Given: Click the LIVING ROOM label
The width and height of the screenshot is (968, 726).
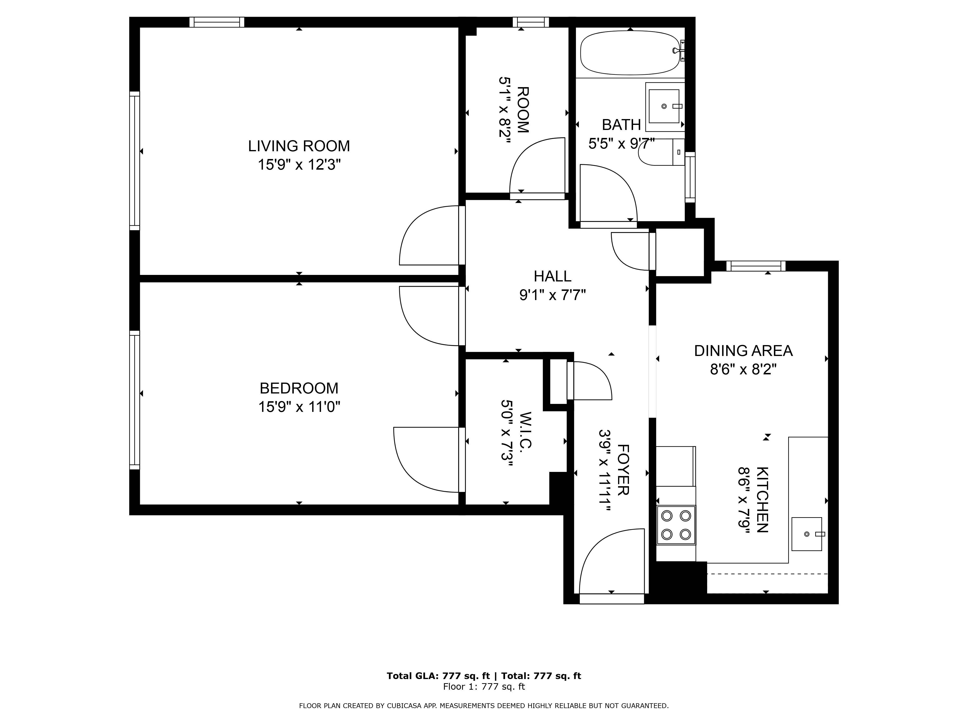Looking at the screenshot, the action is tap(299, 146).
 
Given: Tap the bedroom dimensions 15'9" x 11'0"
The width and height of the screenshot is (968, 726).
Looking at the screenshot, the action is tap(299, 407).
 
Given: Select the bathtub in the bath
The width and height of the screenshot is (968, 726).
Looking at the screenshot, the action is tap(630, 53).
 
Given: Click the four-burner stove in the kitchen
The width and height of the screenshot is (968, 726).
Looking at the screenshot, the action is tap(676, 525).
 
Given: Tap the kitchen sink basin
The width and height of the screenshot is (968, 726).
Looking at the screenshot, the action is tap(807, 534).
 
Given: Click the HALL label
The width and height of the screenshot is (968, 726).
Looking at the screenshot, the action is tap(552, 276).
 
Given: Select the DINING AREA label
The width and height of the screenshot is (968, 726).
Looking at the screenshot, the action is tap(743, 350).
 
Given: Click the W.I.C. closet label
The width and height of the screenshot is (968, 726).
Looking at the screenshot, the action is tap(525, 431).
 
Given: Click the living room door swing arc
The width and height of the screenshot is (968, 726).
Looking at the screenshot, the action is tap(429, 235).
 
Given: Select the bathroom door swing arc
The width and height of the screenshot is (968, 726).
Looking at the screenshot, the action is tap(609, 193).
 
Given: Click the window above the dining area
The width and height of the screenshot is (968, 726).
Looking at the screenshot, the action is tap(756, 266).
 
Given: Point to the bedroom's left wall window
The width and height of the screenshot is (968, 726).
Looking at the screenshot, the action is tap(134, 400).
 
